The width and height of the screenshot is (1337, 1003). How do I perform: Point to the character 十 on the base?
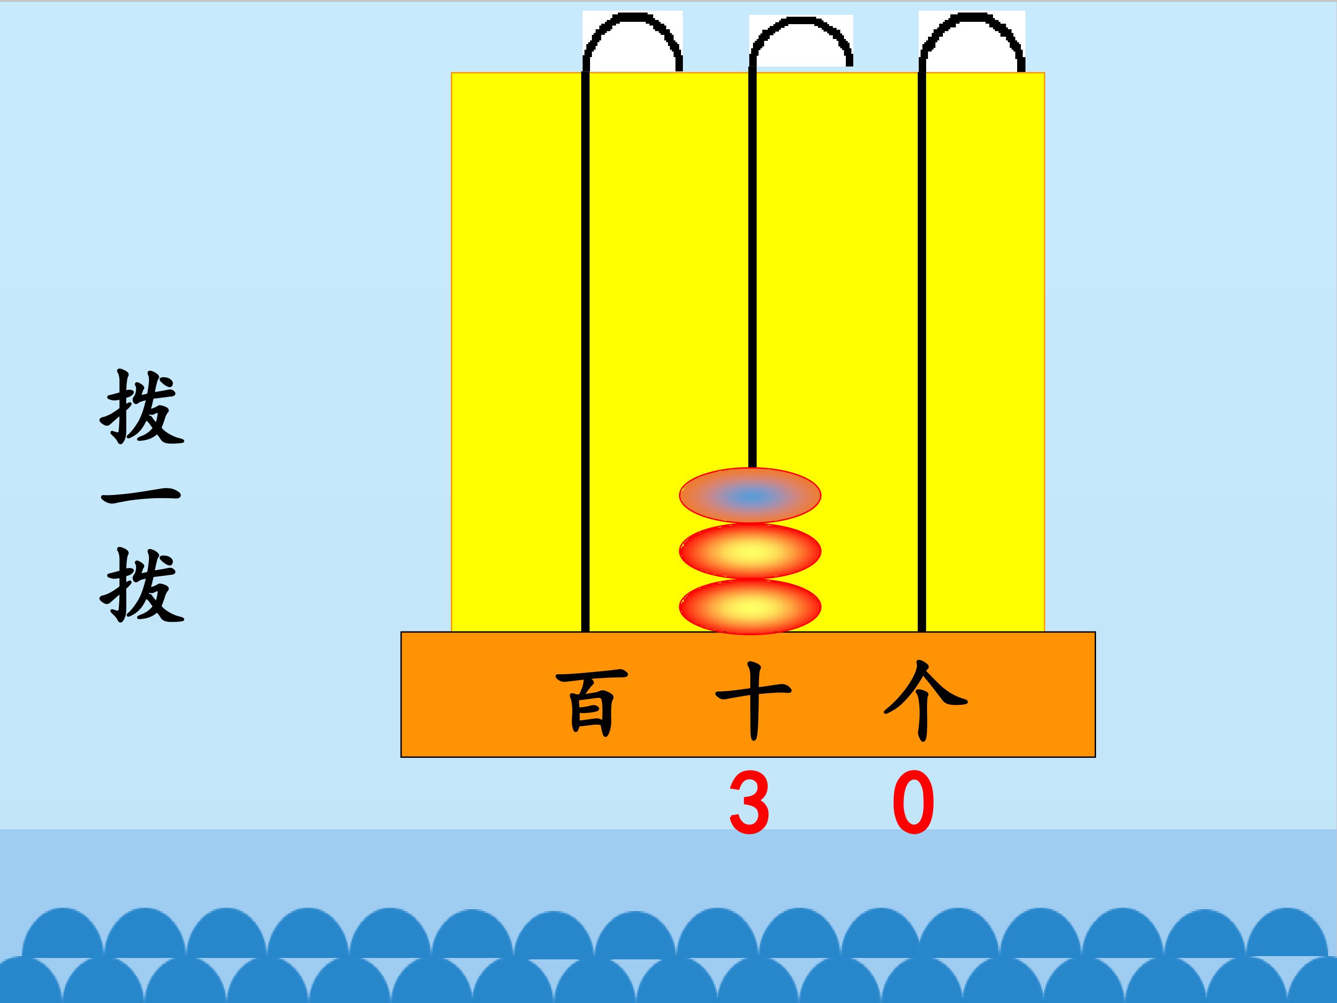(753, 701)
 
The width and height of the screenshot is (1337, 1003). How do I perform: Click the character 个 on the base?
(925, 701)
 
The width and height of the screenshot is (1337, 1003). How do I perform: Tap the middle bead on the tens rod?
(750, 551)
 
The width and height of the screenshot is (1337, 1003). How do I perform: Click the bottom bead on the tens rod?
(750, 607)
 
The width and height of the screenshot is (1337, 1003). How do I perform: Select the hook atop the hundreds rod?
(632, 16)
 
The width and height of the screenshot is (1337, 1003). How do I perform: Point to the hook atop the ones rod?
(972, 16)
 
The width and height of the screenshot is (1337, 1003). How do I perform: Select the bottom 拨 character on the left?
(142, 585)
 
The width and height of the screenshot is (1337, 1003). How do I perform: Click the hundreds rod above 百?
(585, 351)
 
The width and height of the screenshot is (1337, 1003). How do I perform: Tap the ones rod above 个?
(922, 351)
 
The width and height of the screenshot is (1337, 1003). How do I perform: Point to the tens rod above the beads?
(753, 268)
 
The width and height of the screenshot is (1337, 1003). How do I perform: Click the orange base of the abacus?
(748, 694)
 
